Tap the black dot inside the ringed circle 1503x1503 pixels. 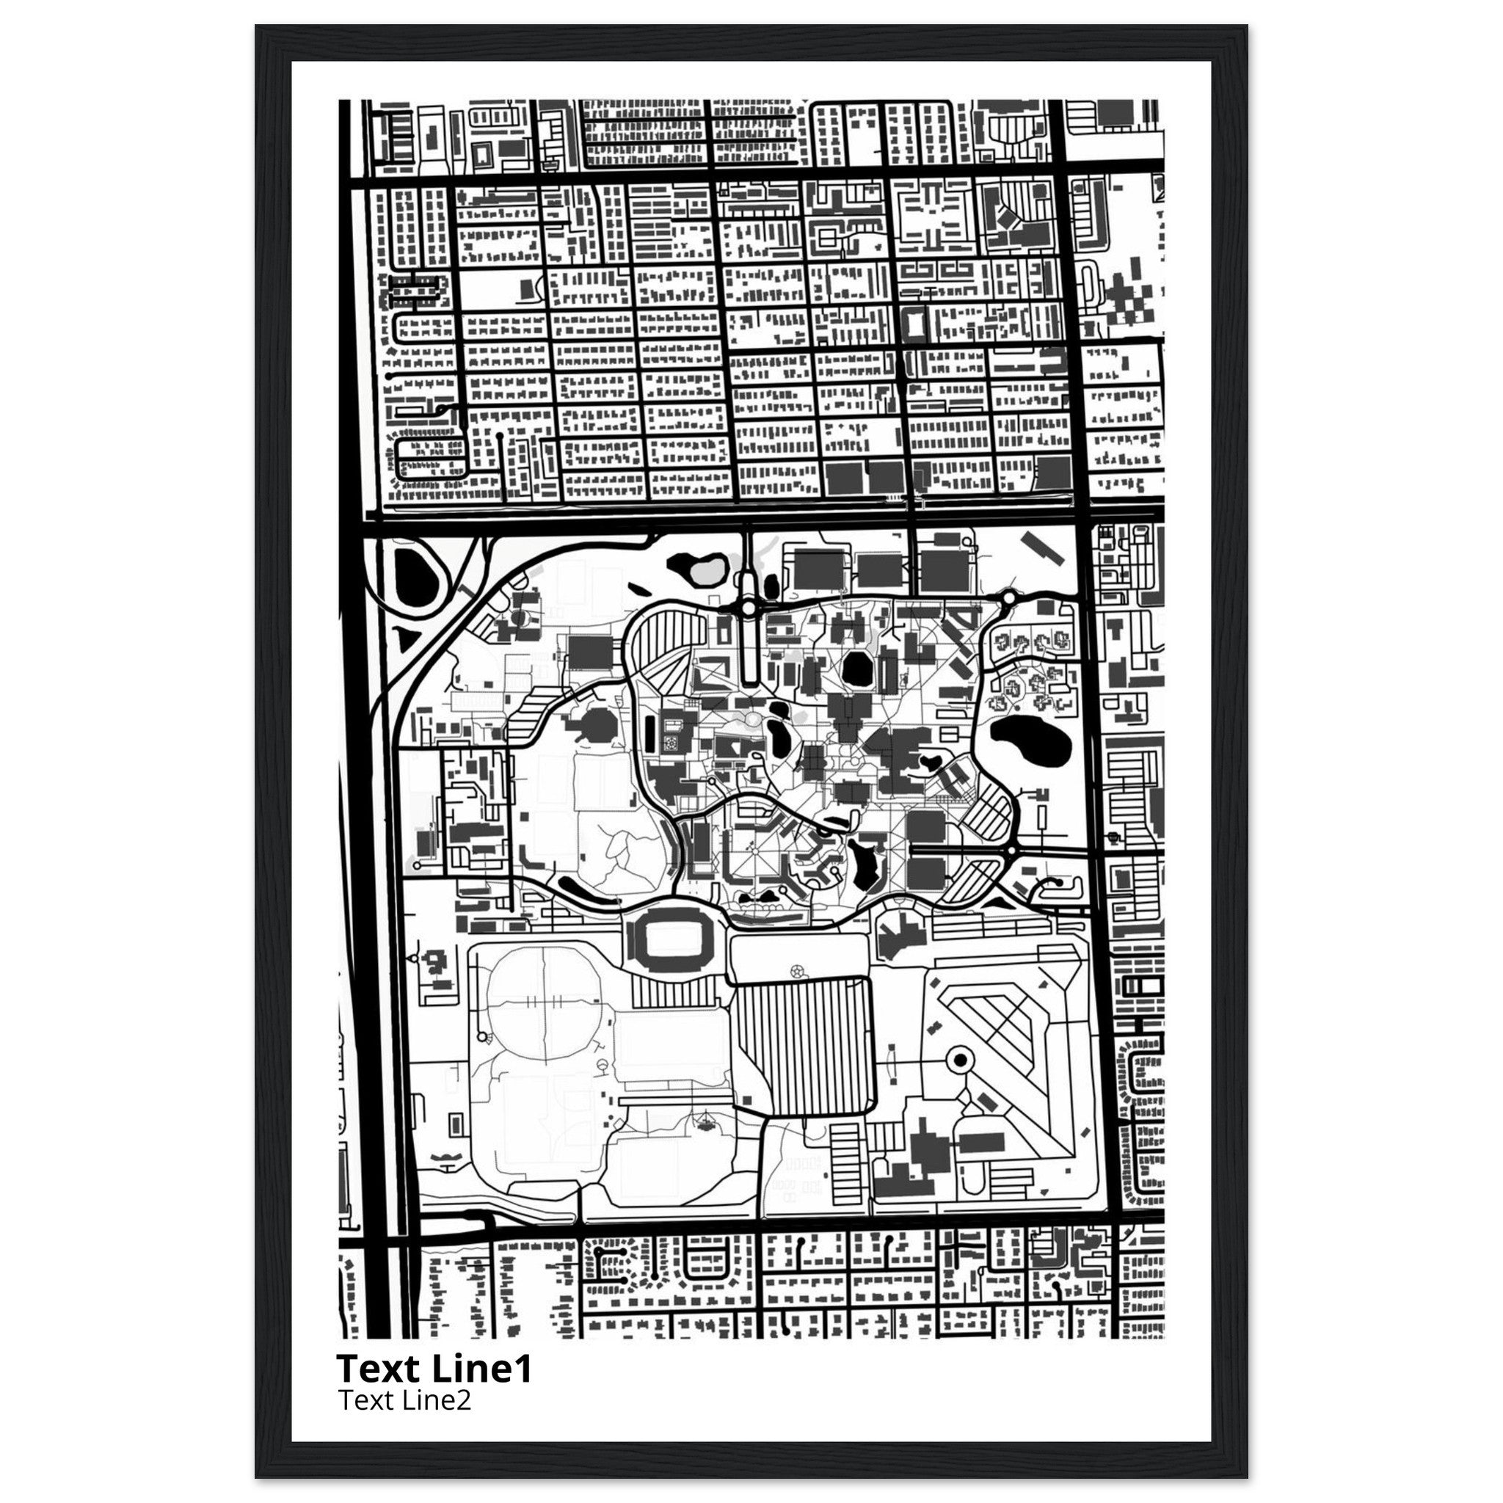coord(959,1059)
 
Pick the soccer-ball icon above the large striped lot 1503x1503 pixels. coord(795,970)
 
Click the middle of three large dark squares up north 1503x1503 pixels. coord(880,570)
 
